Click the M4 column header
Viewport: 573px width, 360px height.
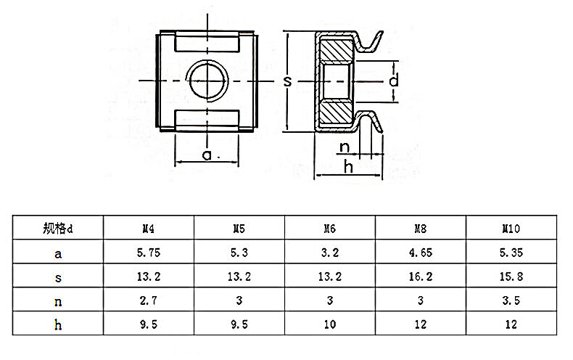click(x=148, y=229)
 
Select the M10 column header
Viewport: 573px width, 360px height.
click(x=512, y=229)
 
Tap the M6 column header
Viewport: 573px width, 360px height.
click(x=329, y=229)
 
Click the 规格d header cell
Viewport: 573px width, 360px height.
click(x=58, y=229)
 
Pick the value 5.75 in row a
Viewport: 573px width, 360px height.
click(x=148, y=253)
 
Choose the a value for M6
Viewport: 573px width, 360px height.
click(x=329, y=253)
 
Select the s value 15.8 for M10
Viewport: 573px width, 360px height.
click(x=512, y=277)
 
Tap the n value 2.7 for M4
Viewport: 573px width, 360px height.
click(x=148, y=300)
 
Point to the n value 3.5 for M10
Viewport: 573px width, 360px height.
click(x=512, y=300)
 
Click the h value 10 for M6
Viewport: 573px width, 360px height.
click(x=329, y=324)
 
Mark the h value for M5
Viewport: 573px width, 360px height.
click(x=239, y=324)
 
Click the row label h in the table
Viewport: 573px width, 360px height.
click(x=58, y=324)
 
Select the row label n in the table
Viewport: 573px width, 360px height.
click(x=58, y=300)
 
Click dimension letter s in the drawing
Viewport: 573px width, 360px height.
click(x=287, y=82)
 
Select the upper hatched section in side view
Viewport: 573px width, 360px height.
click(x=336, y=51)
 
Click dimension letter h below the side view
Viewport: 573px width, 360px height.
click(x=348, y=167)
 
